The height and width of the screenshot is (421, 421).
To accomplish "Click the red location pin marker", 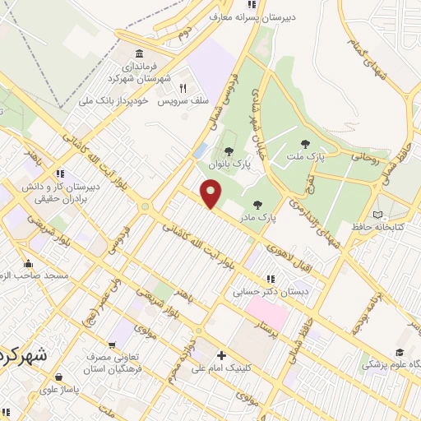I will point(212,195).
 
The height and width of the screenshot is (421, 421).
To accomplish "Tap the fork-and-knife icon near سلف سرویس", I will point(184,88).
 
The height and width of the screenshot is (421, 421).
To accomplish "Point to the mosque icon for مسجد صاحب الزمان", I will point(29,264).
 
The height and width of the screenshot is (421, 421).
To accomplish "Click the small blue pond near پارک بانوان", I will point(201,150).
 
